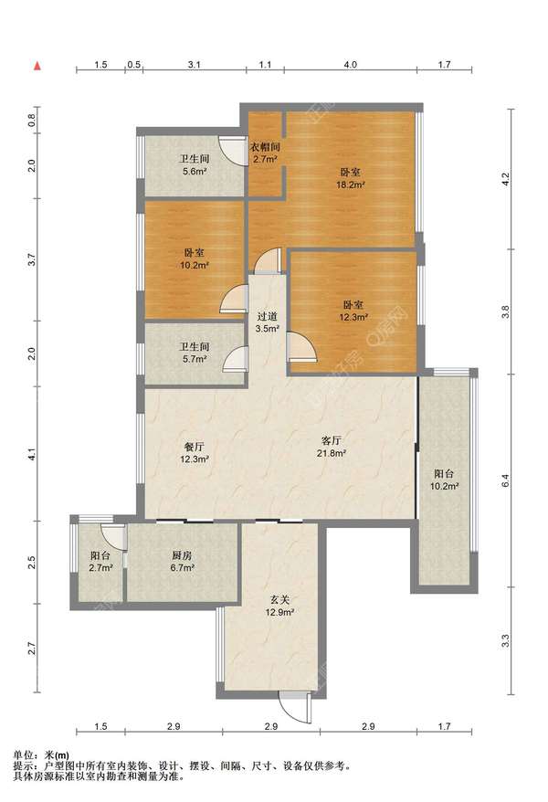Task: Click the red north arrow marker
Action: pos(37,66)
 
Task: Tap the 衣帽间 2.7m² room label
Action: pos(265,153)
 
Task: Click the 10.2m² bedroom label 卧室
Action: pos(195,253)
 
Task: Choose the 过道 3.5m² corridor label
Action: pos(267,322)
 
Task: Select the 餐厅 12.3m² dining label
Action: pos(195,453)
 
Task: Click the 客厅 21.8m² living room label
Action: pos(332,447)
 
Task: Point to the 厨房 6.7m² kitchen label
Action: pos(182,561)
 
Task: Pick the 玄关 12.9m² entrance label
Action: pos(279,606)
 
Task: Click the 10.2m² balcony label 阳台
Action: pos(444,474)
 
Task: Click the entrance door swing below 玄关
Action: pos(296,707)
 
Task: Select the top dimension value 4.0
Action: pos(350,65)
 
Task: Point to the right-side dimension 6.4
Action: pos(505,481)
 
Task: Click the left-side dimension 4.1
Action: pos(32,454)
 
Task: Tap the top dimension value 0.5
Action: pos(134,65)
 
